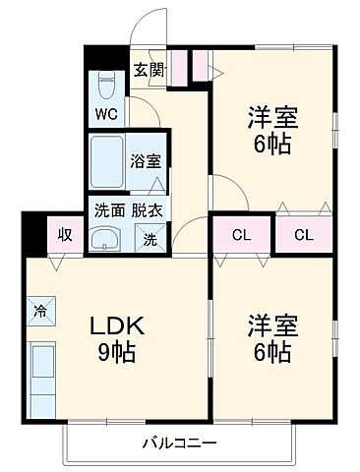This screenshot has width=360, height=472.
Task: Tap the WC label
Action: pyautogui.click(x=106, y=113)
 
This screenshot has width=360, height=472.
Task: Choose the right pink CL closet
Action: pyautogui.click(x=303, y=234)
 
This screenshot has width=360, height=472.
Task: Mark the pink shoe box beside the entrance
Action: pyautogui.click(x=200, y=64)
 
